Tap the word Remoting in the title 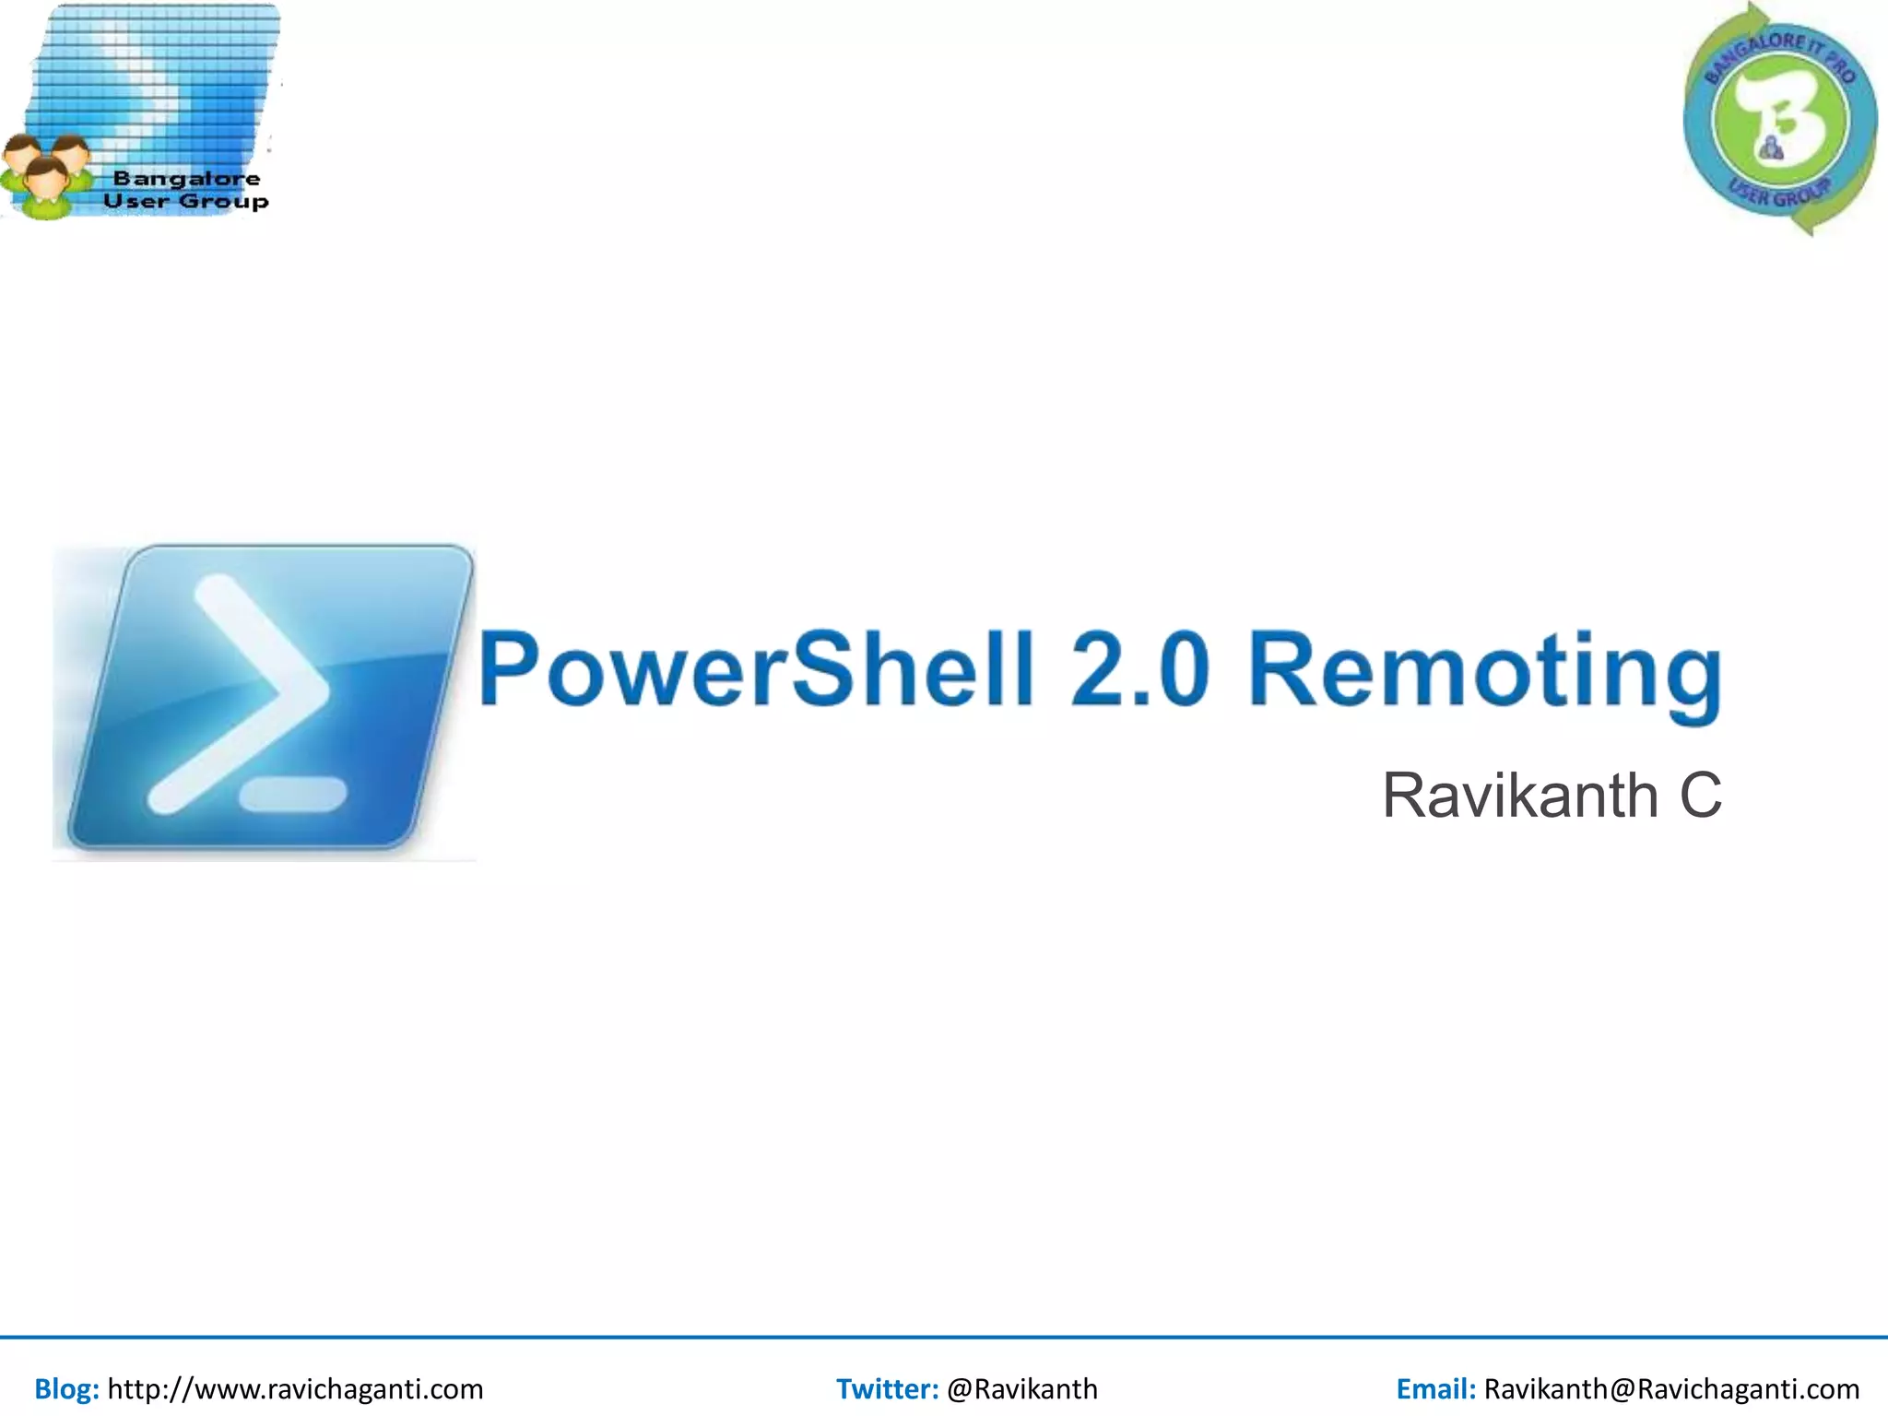click(x=1484, y=673)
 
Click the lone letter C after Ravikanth click(x=1699, y=795)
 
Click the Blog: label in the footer click(x=66, y=1388)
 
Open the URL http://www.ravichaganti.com click(x=295, y=1388)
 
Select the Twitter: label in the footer click(x=887, y=1388)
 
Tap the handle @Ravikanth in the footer click(x=1021, y=1388)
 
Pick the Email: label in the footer click(x=1435, y=1388)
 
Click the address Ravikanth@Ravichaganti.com click(x=1671, y=1388)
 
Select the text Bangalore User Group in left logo click(x=185, y=190)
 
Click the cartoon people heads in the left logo click(x=46, y=171)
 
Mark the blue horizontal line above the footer click(x=944, y=1337)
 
